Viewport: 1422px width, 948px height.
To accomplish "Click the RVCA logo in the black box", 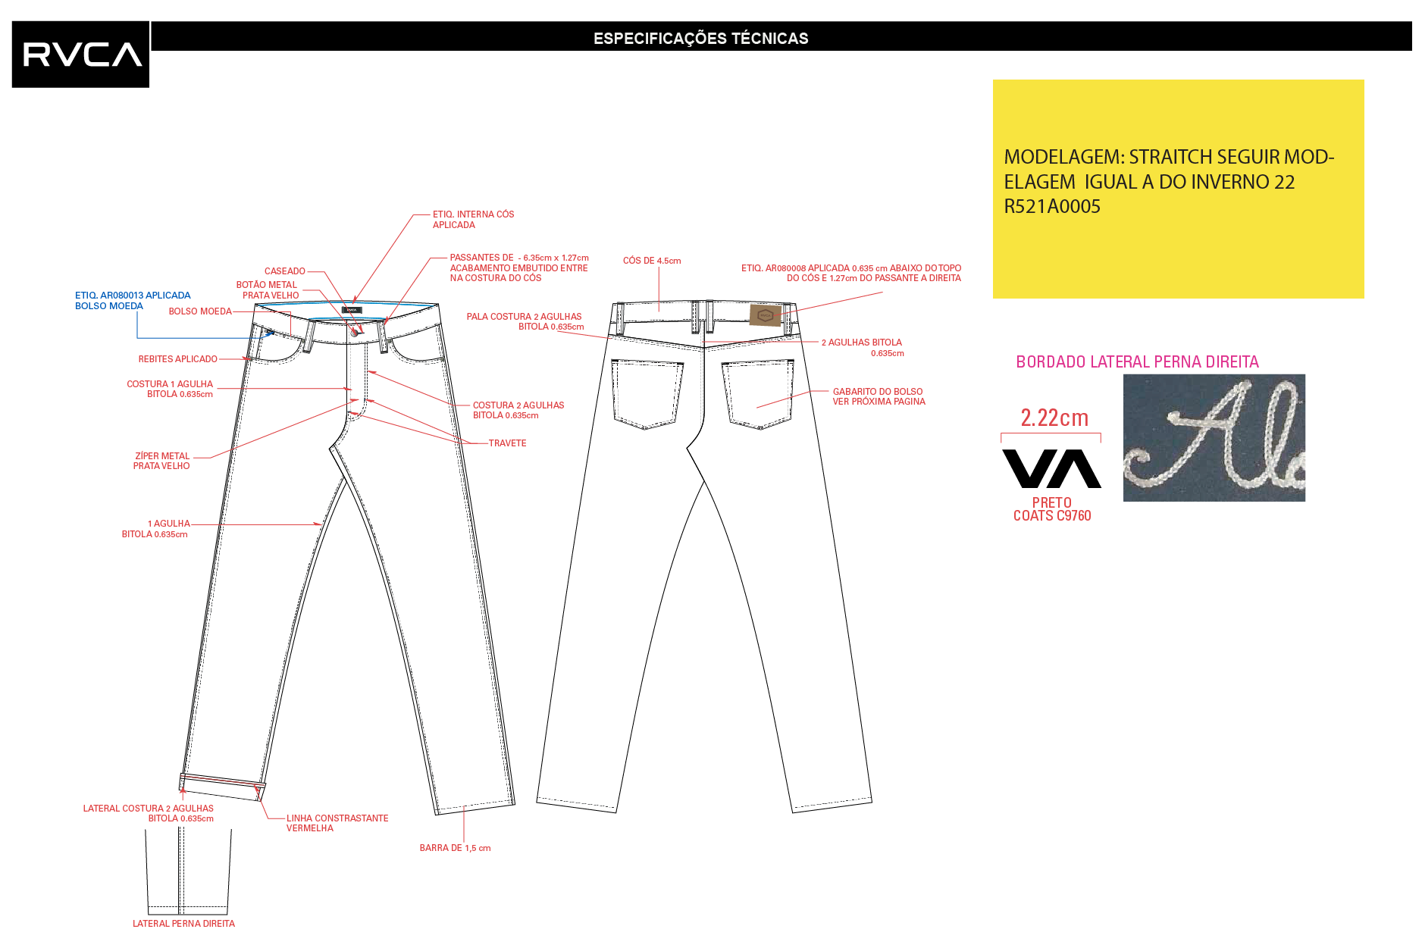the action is [82, 55].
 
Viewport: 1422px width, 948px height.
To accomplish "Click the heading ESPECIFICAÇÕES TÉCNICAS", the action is [700, 38].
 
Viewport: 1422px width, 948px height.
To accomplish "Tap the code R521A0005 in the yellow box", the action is [1052, 206].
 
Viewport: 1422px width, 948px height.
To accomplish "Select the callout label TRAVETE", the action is [507, 443].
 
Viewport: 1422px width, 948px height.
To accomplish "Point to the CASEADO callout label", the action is [285, 271].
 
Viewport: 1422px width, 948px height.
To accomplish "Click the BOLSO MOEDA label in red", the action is [200, 311].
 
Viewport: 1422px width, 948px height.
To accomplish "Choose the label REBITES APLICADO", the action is [177, 359].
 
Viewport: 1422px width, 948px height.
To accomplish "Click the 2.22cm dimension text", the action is [1054, 418].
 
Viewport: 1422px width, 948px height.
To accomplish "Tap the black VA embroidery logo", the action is [1051, 469].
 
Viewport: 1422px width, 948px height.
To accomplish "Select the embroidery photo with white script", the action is [1214, 438].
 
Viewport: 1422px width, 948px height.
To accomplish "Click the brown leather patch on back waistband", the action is [765, 314].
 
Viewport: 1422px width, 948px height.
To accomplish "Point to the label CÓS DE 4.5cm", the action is [652, 261].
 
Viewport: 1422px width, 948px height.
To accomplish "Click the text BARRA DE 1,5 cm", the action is [455, 848].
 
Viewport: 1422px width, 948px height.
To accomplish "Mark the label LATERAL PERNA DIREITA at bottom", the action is [183, 924].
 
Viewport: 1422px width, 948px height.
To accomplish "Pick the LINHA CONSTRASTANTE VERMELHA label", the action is [337, 823].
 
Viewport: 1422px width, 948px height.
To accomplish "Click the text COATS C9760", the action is [1052, 516].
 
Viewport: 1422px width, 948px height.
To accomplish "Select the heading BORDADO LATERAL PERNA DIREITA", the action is [1137, 362].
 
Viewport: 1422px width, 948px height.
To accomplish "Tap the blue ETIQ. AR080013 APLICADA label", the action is [133, 296].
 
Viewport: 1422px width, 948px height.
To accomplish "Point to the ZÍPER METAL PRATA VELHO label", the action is [161, 461].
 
